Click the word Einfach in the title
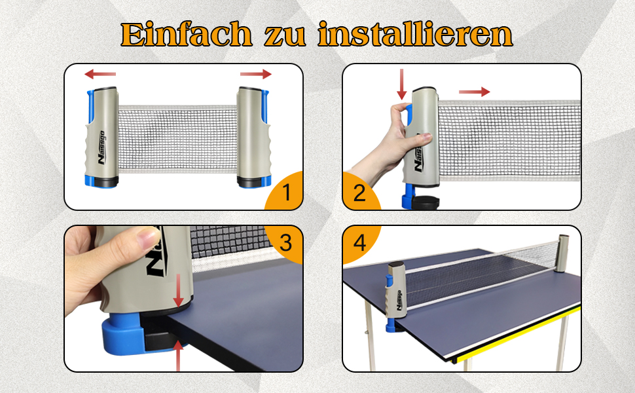[x=186, y=35]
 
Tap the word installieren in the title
[x=416, y=34]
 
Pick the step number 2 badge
[x=361, y=191]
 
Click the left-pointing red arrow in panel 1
[x=100, y=74]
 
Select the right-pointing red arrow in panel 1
[x=255, y=74]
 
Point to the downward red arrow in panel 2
[x=401, y=84]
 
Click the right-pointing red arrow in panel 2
[x=474, y=92]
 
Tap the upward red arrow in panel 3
[x=178, y=355]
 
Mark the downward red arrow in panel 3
[x=178, y=290]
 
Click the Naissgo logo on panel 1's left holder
[x=101, y=147]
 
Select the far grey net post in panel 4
[x=562, y=253]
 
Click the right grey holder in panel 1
[x=252, y=136]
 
